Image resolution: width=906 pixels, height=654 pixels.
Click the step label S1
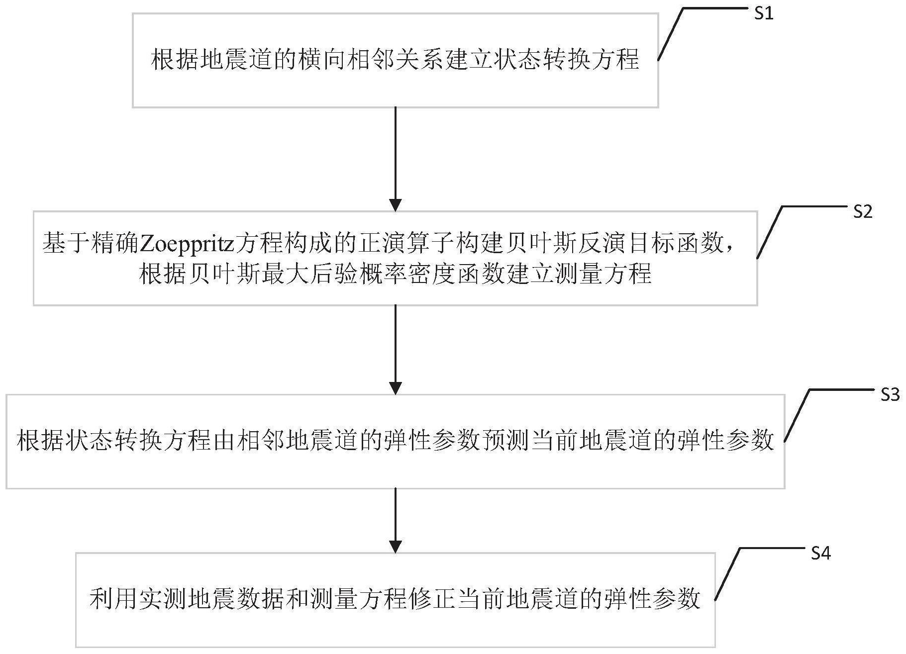pos(763,13)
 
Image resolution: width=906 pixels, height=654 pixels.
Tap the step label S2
pos(862,212)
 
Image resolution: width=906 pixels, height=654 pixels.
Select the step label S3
pos(890,394)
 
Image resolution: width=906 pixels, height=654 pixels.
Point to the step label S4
pos(820,553)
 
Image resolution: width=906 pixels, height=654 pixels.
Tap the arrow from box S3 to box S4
pos(395,520)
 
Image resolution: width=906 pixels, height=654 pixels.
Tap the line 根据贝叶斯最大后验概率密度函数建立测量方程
pos(395,274)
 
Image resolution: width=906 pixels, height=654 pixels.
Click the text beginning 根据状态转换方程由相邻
pos(395,441)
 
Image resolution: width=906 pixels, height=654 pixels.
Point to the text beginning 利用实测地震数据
pos(395,599)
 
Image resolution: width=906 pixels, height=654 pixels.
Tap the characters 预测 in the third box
pos(504,441)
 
